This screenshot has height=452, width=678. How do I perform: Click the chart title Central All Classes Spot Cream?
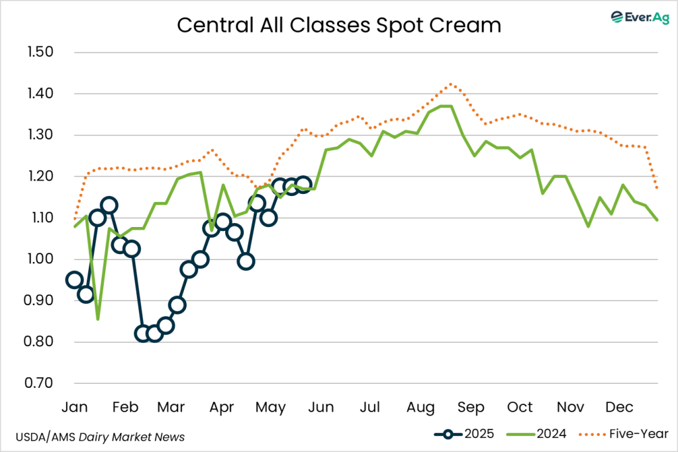338,25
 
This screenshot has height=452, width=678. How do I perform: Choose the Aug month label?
420,406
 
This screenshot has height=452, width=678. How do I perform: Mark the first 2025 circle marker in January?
75,280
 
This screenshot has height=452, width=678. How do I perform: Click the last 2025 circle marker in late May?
303,184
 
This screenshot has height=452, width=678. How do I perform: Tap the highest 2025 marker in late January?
109,205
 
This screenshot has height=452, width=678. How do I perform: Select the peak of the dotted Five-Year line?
451,84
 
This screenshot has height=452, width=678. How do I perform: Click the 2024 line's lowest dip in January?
98,320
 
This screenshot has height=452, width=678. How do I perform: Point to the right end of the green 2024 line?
657,220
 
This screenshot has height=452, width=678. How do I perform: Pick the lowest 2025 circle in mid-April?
246,261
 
